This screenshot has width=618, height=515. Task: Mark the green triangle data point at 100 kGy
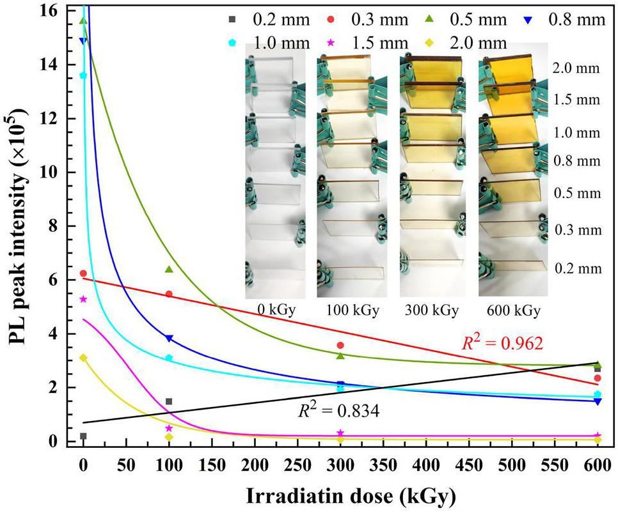tap(169, 270)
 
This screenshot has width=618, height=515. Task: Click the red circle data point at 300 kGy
tap(341, 346)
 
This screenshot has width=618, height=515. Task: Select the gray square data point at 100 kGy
tap(169, 402)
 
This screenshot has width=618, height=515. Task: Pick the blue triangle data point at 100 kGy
tap(169, 339)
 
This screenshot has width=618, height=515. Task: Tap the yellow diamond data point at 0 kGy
tap(83, 358)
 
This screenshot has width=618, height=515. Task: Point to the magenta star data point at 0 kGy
tap(83, 299)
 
